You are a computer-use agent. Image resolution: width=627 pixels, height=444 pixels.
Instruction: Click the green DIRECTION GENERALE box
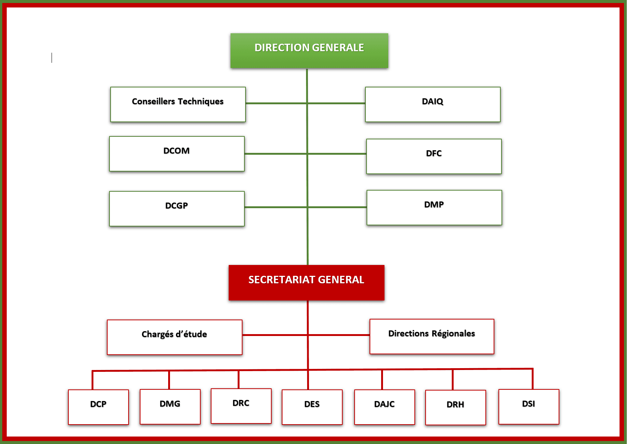[x=309, y=50]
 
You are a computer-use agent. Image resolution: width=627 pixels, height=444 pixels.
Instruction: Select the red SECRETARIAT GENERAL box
[x=306, y=283]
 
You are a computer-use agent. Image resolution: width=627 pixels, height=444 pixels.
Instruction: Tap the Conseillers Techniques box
[x=178, y=104]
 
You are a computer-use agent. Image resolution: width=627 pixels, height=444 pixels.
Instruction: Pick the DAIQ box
[x=433, y=104]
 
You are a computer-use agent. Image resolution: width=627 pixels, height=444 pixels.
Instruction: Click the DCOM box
[x=177, y=154]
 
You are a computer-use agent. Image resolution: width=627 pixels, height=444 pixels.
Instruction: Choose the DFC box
[x=434, y=156]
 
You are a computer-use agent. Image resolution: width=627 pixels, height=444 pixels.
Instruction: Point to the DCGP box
[x=177, y=209]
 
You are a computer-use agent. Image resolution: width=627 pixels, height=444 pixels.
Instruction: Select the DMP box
[x=434, y=207]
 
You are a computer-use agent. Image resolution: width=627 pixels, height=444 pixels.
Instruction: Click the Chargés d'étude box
[x=174, y=337]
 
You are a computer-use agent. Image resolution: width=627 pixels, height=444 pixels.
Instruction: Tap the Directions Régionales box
[x=432, y=336]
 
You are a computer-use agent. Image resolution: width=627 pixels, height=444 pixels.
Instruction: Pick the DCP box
[x=98, y=407]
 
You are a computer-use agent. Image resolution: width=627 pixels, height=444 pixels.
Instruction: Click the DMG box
[x=170, y=407]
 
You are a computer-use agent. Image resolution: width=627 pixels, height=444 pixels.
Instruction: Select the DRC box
[x=241, y=406]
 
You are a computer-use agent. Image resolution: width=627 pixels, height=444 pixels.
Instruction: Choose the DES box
[x=312, y=407]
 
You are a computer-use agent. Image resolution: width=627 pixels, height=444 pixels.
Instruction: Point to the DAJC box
[x=384, y=407]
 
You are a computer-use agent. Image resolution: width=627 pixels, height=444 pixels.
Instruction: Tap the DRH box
[x=455, y=407]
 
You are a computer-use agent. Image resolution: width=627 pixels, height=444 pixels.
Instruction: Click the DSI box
[x=529, y=407]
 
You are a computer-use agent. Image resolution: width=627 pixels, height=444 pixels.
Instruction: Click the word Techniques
[x=201, y=102]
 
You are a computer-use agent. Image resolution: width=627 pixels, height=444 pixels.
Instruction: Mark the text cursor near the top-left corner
[x=52, y=58]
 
